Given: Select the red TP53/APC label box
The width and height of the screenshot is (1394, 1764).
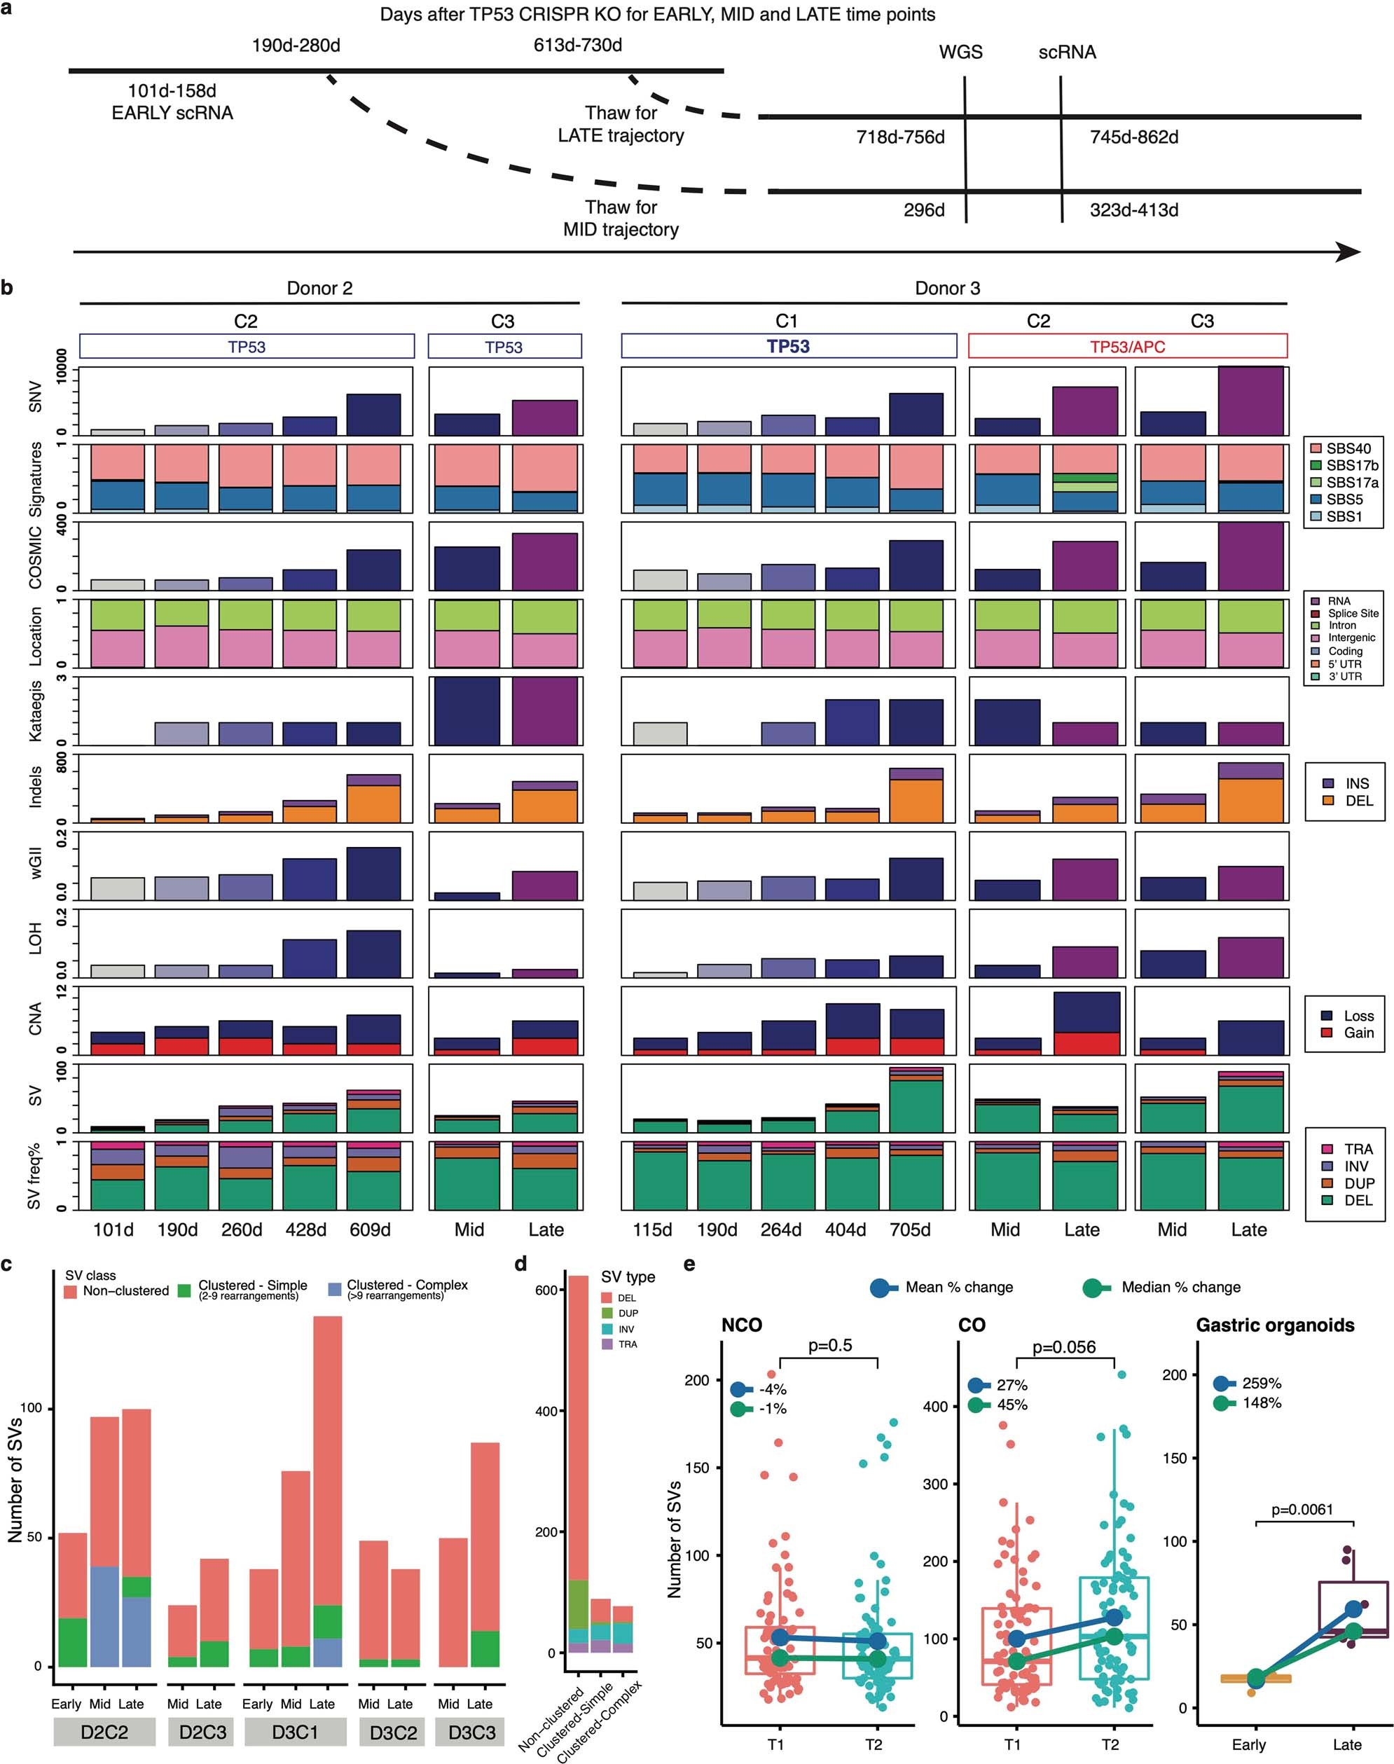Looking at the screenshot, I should tap(1127, 346).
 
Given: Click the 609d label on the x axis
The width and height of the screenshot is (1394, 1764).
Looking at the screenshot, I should tap(370, 1229).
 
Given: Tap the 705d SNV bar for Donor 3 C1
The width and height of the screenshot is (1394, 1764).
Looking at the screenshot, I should tap(916, 414).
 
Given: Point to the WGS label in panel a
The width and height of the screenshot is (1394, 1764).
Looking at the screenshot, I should tap(960, 53).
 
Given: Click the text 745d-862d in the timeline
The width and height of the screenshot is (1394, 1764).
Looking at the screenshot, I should tap(1133, 137).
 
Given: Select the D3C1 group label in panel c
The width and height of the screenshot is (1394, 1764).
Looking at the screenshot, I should tap(295, 1732).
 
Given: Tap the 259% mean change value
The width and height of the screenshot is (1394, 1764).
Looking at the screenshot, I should tap(1262, 1383).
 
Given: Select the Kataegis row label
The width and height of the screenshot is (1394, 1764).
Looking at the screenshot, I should tap(36, 711).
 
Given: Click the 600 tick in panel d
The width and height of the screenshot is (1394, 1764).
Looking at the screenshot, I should tap(547, 1290).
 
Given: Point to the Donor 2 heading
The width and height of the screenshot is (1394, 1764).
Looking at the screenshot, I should tap(319, 288).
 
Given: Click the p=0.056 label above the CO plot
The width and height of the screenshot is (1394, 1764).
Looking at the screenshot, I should tap(1063, 1347).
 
